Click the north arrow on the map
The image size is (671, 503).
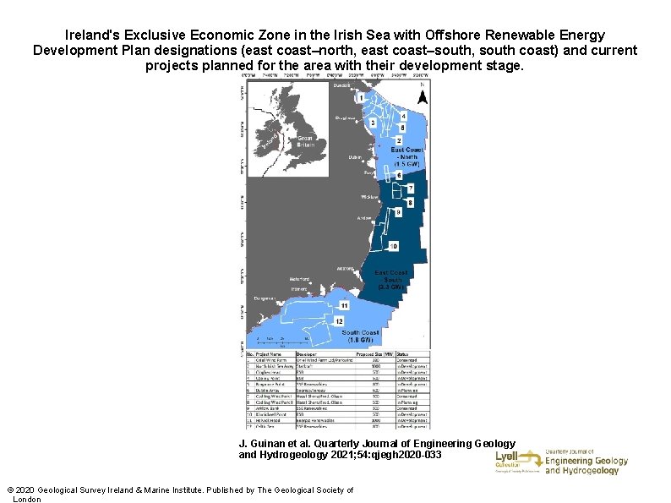423,96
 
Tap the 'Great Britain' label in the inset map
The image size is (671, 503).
305,141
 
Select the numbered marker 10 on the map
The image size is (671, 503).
393,246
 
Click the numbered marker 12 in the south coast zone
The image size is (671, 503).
339,321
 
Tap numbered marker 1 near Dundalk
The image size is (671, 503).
362,98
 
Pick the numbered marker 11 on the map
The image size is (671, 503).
345,304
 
